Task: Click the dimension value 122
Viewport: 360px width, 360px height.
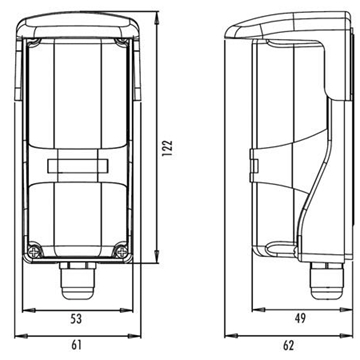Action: click(169, 147)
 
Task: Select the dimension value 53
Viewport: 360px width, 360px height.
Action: click(76, 319)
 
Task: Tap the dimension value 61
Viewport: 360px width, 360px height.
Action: click(76, 345)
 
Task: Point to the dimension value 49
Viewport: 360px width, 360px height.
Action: click(300, 318)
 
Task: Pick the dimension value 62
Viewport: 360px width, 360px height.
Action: click(288, 345)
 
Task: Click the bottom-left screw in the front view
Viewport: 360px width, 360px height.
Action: click(34, 251)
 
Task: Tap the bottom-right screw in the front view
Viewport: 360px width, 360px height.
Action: click(121, 250)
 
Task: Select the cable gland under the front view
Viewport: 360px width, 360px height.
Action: click(77, 280)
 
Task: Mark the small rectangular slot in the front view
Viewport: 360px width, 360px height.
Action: click(78, 166)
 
